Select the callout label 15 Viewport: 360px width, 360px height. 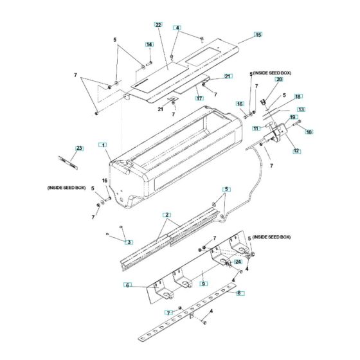[x=258, y=33]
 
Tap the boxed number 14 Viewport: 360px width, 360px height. [x=148, y=44]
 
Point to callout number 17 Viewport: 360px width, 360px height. [x=199, y=98]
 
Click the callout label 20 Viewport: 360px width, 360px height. [x=279, y=87]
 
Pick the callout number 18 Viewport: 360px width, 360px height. [x=298, y=96]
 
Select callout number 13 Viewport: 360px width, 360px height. [x=300, y=109]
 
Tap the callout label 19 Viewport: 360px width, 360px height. [x=292, y=118]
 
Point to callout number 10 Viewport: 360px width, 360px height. [x=309, y=132]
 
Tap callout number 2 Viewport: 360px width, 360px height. [x=166, y=214]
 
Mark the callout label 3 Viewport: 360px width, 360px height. [x=129, y=242]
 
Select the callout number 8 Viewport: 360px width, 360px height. [x=240, y=292]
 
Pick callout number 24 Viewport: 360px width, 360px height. [x=238, y=262]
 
